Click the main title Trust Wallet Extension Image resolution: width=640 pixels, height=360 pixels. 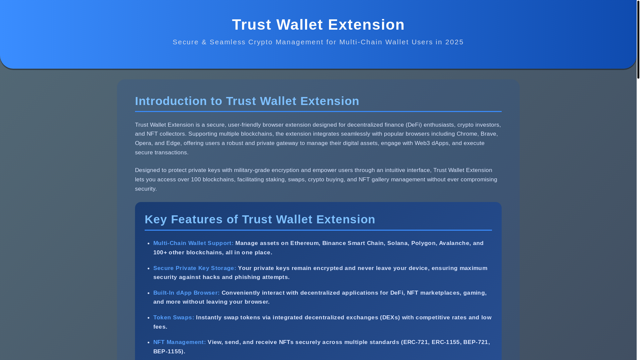(x=318, y=25)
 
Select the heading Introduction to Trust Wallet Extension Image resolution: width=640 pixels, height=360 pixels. (x=247, y=101)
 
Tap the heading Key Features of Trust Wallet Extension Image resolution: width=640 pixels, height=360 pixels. (x=260, y=219)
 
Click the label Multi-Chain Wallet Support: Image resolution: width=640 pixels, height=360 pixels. (x=193, y=243)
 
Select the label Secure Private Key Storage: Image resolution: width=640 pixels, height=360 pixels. (x=195, y=268)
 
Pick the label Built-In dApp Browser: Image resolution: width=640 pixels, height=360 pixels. (x=186, y=293)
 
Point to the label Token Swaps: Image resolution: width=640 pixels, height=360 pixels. (x=174, y=317)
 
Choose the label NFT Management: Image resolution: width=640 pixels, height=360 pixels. (x=179, y=342)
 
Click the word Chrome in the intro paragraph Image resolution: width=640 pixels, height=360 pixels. (x=467, y=134)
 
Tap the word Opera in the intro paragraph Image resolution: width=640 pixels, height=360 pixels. (x=143, y=143)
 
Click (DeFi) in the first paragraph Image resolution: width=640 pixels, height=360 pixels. (x=414, y=125)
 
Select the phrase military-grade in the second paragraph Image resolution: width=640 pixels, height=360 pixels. (x=252, y=170)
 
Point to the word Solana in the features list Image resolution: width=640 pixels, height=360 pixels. (x=397, y=243)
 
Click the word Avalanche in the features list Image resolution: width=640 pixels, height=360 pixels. (x=454, y=243)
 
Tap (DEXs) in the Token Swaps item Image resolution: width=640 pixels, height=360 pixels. (x=390, y=317)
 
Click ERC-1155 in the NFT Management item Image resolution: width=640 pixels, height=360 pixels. (x=445, y=342)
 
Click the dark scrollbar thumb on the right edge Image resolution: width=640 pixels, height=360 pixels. (x=638, y=39)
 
